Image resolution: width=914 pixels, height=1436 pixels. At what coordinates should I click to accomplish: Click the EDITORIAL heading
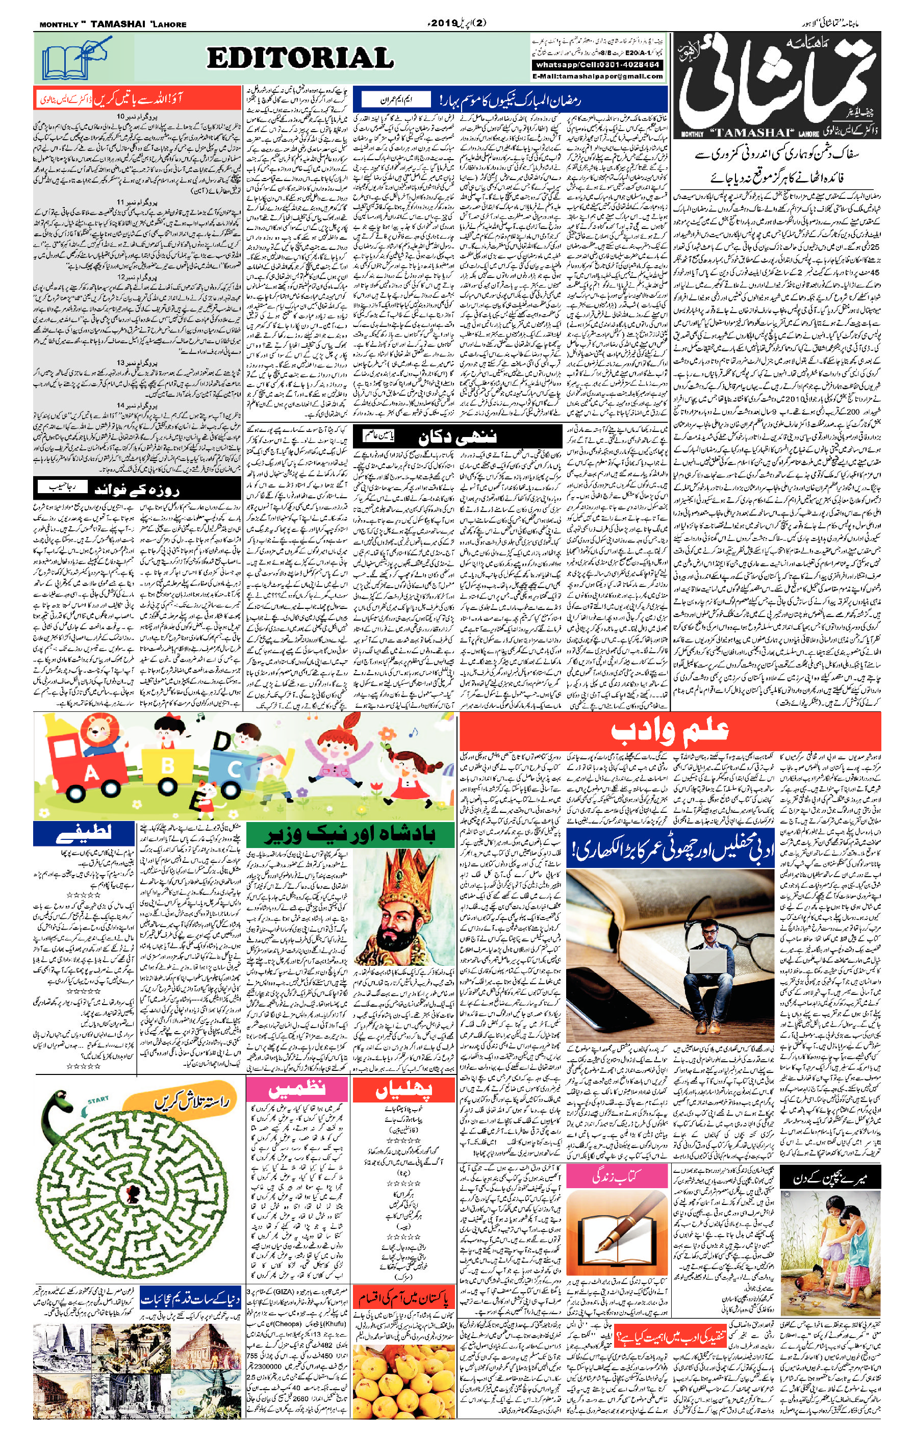pos(300,59)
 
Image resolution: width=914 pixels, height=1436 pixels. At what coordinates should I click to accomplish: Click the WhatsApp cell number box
pos(597,64)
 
